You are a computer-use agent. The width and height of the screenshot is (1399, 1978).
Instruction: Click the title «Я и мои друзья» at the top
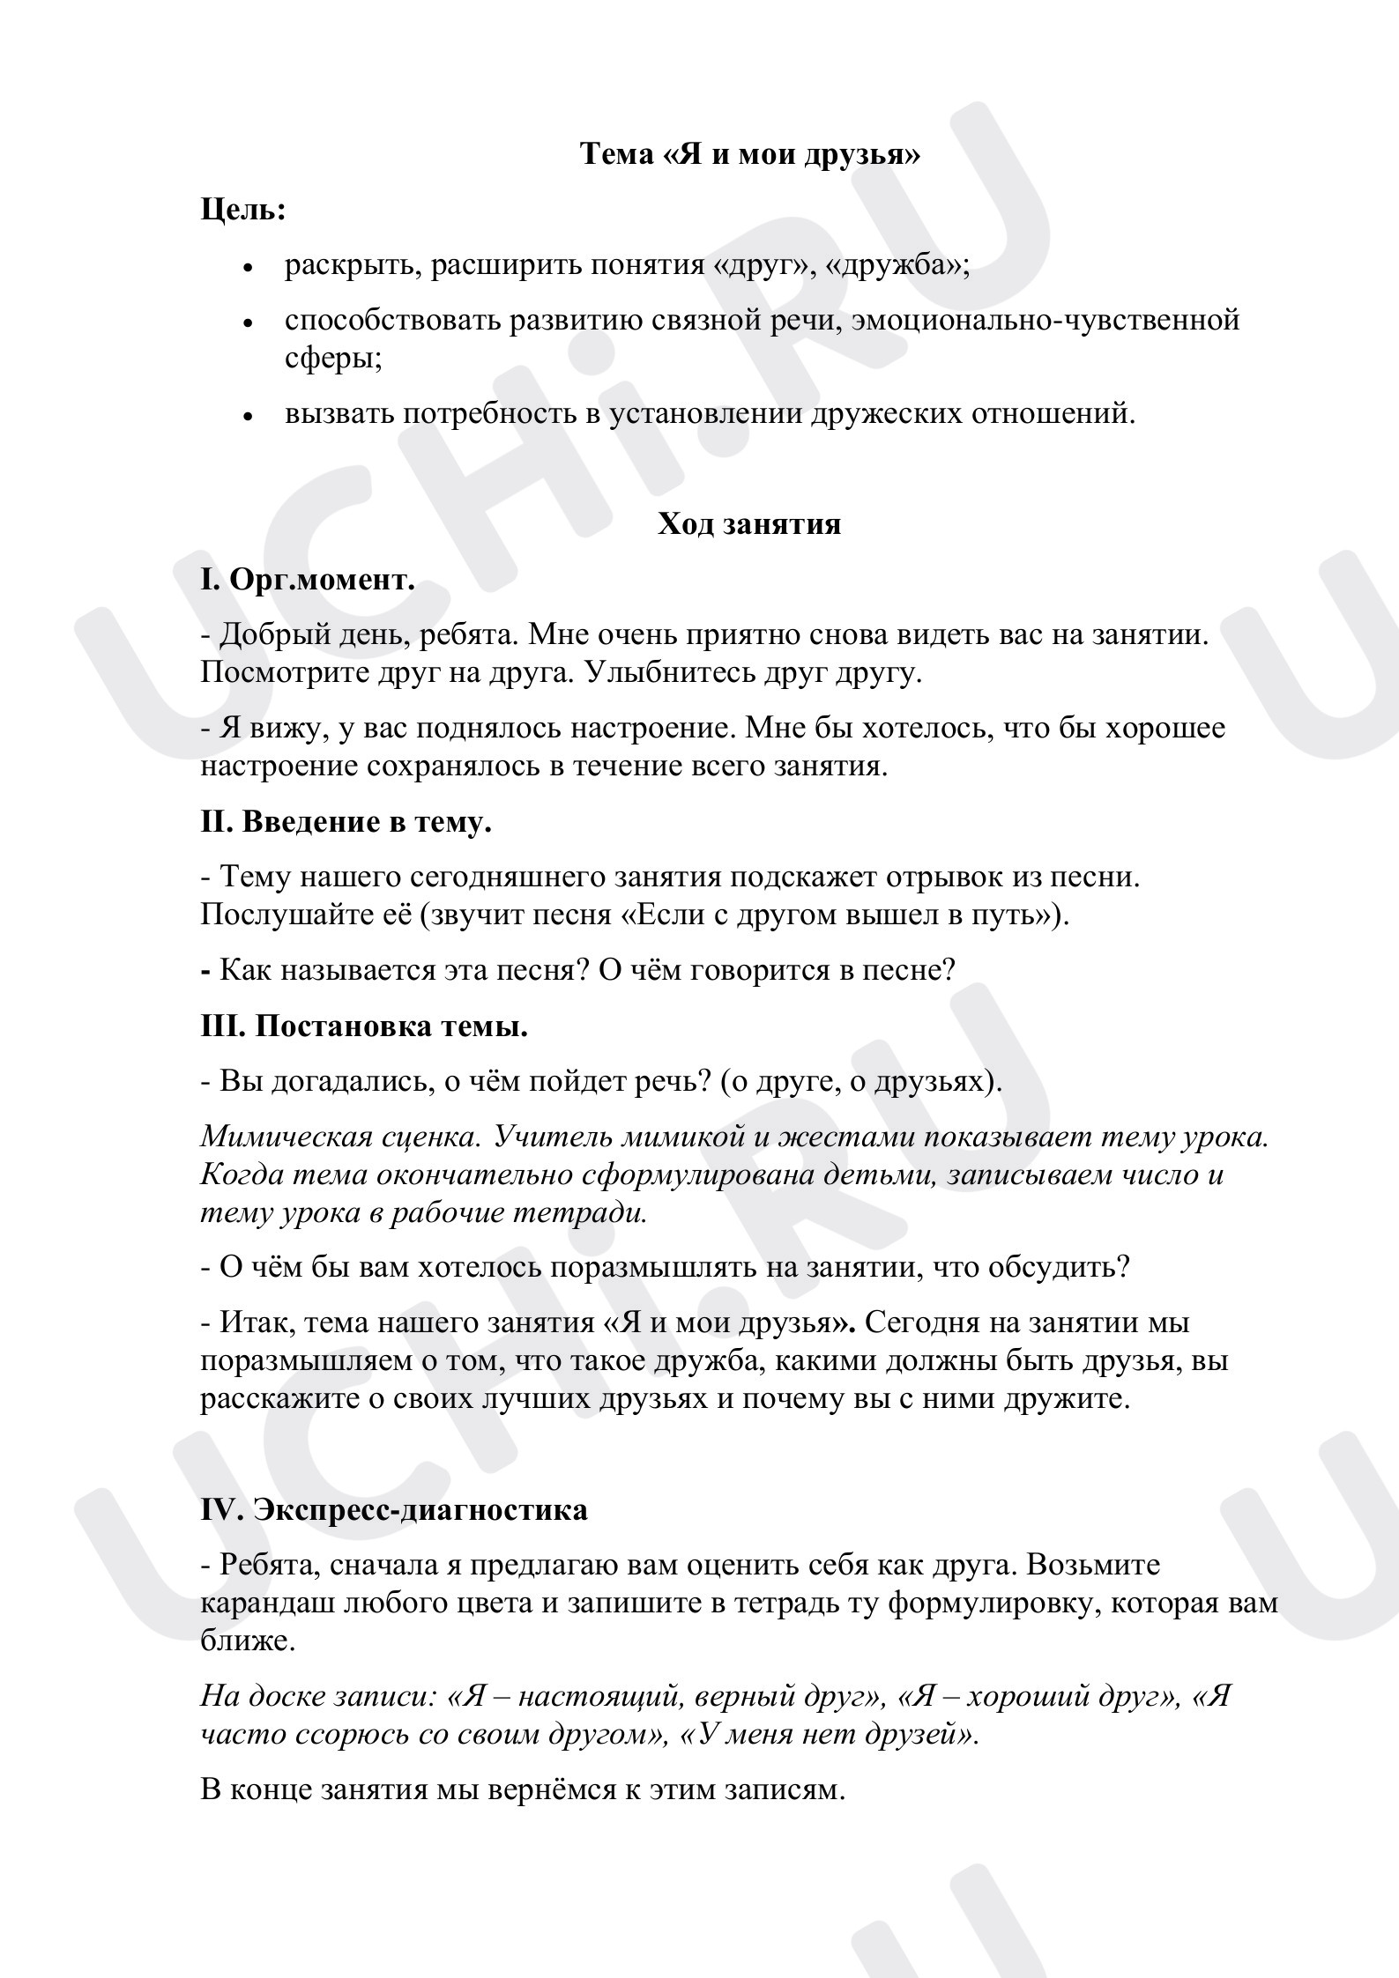pyautogui.click(x=749, y=155)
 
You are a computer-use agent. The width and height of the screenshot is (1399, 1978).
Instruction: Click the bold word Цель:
pyautogui.click(x=243, y=210)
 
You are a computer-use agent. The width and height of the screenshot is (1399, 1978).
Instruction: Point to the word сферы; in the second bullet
pyautogui.click(x=333, y=358)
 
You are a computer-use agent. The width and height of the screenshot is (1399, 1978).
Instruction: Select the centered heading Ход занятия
pyautogui.click(x=749, y=524)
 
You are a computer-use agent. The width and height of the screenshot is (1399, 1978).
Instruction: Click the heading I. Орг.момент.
pyautogui.click(x=308, y=580)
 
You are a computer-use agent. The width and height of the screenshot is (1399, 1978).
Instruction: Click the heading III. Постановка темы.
pyautogui.click(x=364, y=1026)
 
